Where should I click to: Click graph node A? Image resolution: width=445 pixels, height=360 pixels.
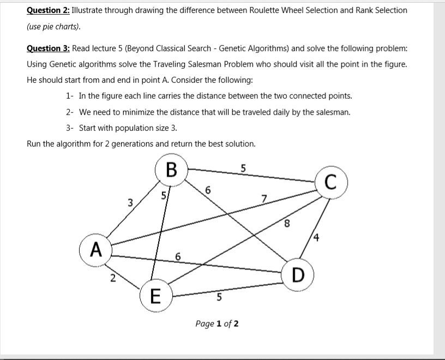[x=97, y=250]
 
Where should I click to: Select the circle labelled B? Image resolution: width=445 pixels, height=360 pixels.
[x=171, y=171]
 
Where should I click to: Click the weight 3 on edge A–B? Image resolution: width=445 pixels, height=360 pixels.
[x=130, y=203]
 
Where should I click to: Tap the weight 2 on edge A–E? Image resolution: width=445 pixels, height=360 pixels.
[x=112, y=278]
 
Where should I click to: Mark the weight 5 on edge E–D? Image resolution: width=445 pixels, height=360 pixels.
[x=219, y=298]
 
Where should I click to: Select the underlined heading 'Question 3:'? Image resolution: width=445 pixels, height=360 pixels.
[x=47, y=49]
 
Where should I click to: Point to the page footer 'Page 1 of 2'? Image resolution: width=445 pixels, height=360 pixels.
[x=217, y=324]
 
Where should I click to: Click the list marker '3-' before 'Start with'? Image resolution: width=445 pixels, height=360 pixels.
[x=70, y=128]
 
